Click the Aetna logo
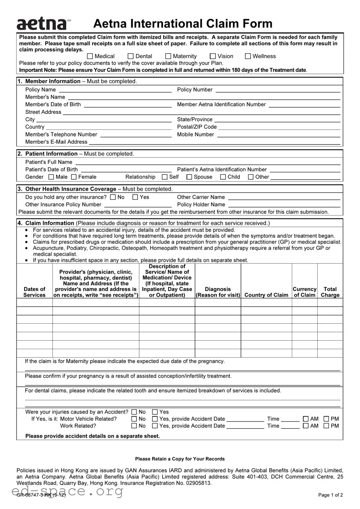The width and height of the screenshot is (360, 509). (42, 24)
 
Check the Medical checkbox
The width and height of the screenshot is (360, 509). (90, 56)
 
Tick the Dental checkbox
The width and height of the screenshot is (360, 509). (131, 56)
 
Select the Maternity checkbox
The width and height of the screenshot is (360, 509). (168, 56)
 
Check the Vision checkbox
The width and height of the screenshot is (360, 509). (213, 56)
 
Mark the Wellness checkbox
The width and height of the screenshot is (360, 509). (248, 56)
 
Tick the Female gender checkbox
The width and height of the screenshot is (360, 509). (74, 177)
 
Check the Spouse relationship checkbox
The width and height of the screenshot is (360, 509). (189, 177)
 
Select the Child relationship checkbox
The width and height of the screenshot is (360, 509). (223, 177)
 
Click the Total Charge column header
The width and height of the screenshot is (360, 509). (330, 292)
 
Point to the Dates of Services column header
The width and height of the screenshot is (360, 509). (34, 292)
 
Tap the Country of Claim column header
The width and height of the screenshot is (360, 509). (266, 295)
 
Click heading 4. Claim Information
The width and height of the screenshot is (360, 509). (50, 223)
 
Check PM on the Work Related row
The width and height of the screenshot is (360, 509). (326, 426)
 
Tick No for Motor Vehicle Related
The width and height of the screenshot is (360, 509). (134, 419)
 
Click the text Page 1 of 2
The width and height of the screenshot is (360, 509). (330, 495)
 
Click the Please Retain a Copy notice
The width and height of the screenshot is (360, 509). (180, 459)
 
